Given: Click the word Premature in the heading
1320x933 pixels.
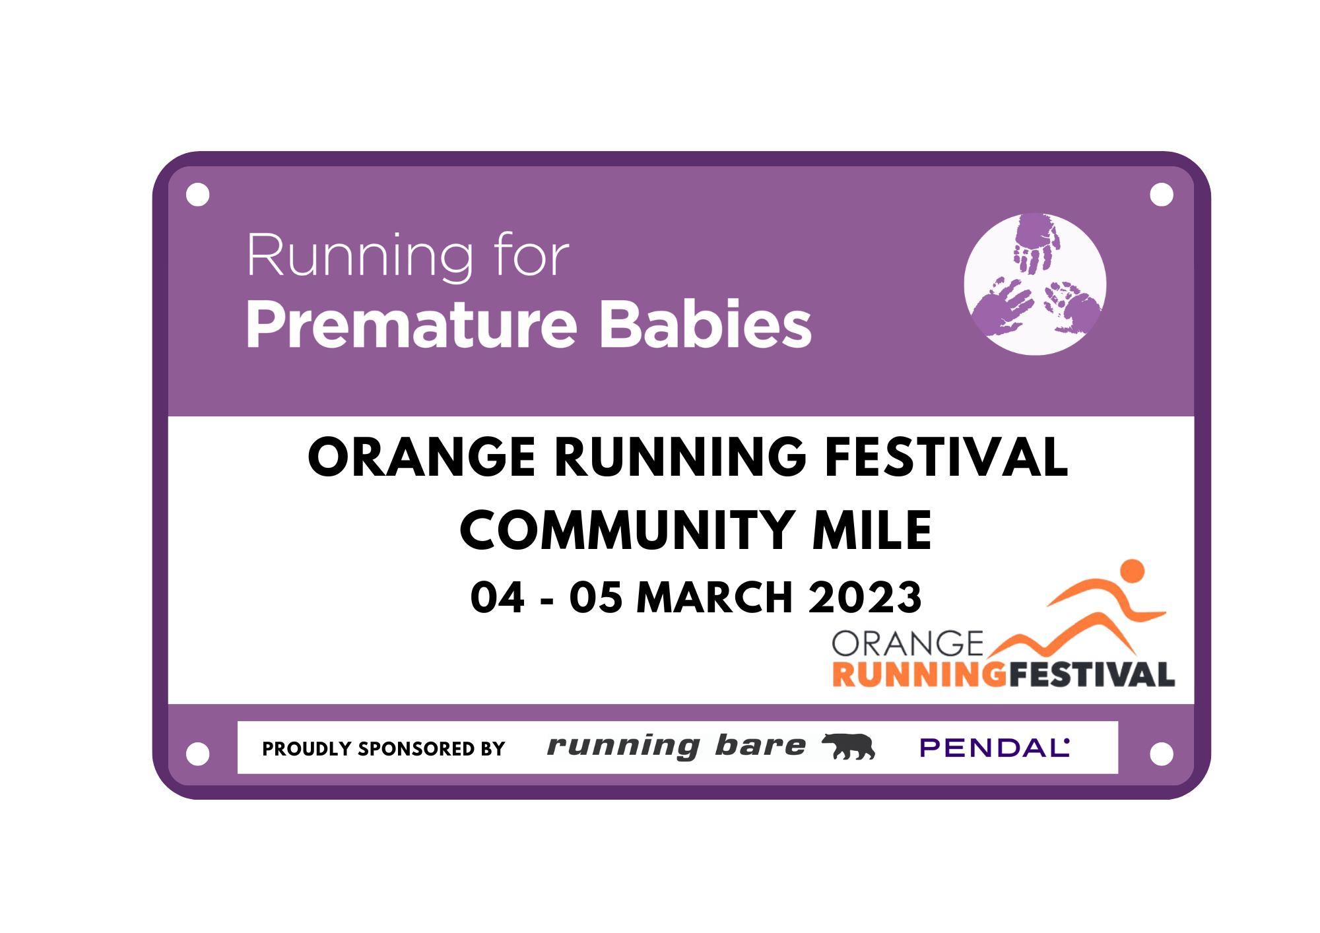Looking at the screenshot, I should click(411, 325).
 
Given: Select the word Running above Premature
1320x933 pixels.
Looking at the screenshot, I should click(360, 256).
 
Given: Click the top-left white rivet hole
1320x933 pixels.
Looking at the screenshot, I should click(198, 195).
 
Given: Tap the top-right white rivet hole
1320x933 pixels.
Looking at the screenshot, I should click(1161, 195).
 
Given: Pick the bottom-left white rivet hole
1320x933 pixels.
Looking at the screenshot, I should click(198, 754).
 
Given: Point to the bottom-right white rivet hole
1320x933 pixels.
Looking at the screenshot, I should click(1161, 754).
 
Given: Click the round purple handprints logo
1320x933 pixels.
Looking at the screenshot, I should click(1034, 284).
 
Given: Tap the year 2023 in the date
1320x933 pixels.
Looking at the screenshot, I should click(865, 597).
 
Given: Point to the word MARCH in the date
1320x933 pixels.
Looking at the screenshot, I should click(714, 597).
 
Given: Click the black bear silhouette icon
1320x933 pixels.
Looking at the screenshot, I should click(849, 746).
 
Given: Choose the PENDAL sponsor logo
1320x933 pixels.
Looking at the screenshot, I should click(994, 748).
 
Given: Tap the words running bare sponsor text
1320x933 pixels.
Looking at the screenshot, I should click(676, 746).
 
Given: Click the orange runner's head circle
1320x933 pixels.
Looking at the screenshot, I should click(1132, 571).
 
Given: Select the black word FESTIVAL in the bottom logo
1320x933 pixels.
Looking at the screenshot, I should click(1092, 674).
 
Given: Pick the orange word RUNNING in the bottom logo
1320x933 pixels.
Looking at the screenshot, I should click(919, 674).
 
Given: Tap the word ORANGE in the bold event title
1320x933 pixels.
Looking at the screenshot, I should click(421, 457).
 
